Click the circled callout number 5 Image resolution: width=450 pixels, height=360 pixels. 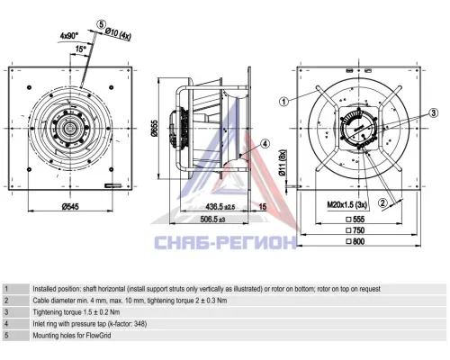pyautogui.click(x=102, y=24)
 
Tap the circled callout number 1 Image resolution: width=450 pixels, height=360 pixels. pyautogui.click(x=283, y=102)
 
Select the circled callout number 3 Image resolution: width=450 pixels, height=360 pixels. pyautogui.click(x=433, y=113)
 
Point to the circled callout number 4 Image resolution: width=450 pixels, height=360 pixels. pyautogui.click(x=265, y=144)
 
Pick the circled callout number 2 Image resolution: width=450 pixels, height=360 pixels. pyautogui.click(x=382, y=203)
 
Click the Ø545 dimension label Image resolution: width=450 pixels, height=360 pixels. pyautogui.click(x=70, y=206)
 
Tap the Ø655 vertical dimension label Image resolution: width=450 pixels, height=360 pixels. pyautogui.click(x=155, y=129)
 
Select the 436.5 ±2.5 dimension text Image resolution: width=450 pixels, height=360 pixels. pyautogui.click(x=220, y=206)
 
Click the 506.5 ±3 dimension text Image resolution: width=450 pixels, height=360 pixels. pyautogui.click(x=212, y=220)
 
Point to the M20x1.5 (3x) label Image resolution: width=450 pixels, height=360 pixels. pyautogui.click(x=347, y=205)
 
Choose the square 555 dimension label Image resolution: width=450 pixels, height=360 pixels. pyautogui.click(x=355, y=220)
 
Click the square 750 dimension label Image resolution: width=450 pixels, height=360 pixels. pyautogui.click(x=355, y=230)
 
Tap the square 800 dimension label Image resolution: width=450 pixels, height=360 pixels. pyautogui.click(x=355, y=241)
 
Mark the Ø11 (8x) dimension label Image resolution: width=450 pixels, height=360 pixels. pyautogui.click(x=283, y=163)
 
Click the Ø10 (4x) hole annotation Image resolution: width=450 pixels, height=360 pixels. pyautogui.click(x=118, y=33)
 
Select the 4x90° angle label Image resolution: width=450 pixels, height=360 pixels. pyautogui.click(x=69, y=36)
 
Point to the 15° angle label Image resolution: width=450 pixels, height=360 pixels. pyautogui.click(x=80, y=49)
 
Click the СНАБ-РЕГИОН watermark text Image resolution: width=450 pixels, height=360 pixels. pyautogui.click(x=226, y=242)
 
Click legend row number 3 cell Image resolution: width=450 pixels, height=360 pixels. pyautogui.click(x=16, y=312)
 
